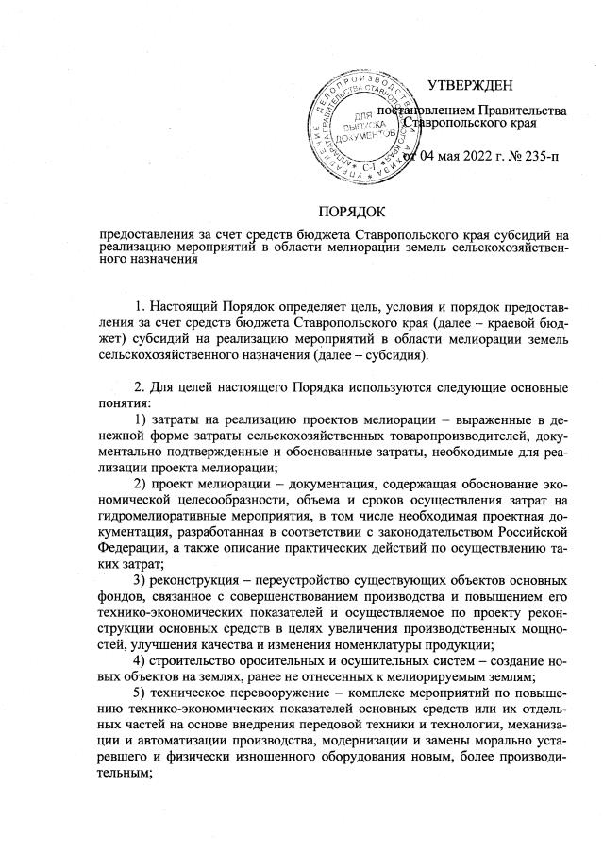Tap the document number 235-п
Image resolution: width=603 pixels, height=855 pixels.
[537, 156]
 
